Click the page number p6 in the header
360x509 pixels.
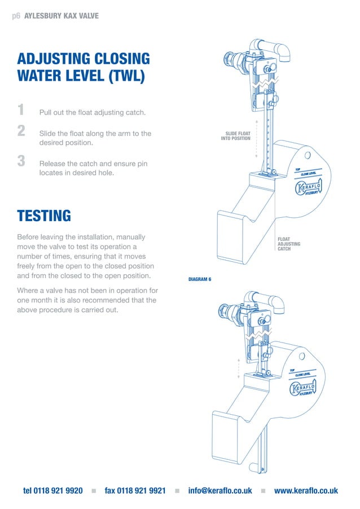pyautogui.click(x=16, y=16)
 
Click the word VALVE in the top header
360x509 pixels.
pyautogui.click(x=87, y=16)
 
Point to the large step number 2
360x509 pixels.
pyautogui.click(x=21, y=131)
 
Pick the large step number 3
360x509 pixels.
pyautogui.click(x=21, y=161)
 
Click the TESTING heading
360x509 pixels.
pyautogui.click(x=44, y=216)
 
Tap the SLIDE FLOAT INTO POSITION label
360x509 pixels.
pyautogui.click(x=235, y=136)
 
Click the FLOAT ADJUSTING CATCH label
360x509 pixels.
pyautogui.click(x=288, y=244)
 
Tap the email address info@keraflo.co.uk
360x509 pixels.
pyautogui.click(x=220, y=491)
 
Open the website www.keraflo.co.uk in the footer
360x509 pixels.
pyautogui.click(x=306, y=491)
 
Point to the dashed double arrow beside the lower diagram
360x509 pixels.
pyautogui.click(x=239, y=368)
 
